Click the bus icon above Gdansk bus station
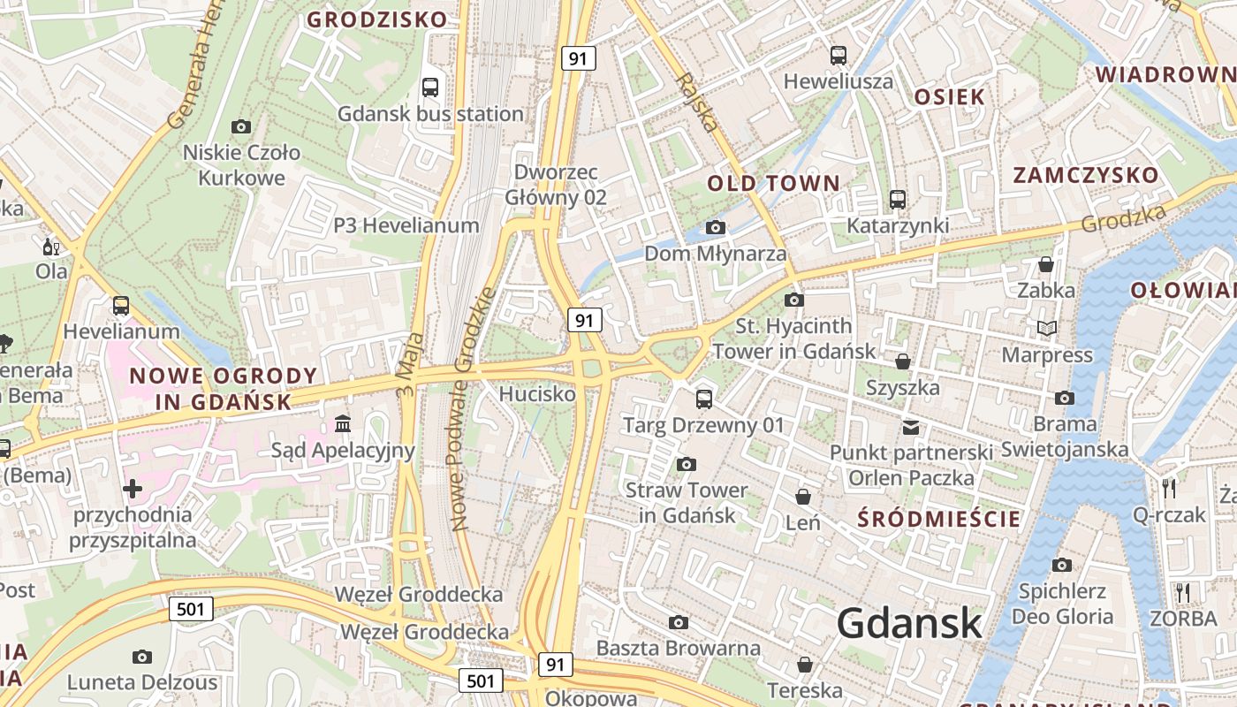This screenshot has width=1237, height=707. (430, 87)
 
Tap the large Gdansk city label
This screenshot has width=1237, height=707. (909, 623)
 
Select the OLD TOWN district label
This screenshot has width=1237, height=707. (773, 184)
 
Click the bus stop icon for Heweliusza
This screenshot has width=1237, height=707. (839, 56)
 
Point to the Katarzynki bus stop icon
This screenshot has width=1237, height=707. (898, 200)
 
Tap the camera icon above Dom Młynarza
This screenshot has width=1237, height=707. (716, 228)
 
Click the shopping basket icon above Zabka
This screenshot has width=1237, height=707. (1046, 264)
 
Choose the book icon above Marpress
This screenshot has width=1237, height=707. (1047, 329)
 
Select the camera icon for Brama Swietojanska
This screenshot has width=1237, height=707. (1065, 398)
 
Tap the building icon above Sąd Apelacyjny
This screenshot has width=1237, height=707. (343, 425)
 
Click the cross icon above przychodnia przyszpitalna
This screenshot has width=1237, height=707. (133, 488)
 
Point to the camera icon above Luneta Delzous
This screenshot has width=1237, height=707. (141, 657)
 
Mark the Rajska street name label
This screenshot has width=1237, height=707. (695, 102)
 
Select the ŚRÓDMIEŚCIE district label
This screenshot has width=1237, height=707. (939, 519)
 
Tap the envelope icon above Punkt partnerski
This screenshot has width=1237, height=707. (911, 428)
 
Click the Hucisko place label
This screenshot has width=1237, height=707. (537, 394)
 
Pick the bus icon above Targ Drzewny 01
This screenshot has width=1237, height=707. (703, 399)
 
